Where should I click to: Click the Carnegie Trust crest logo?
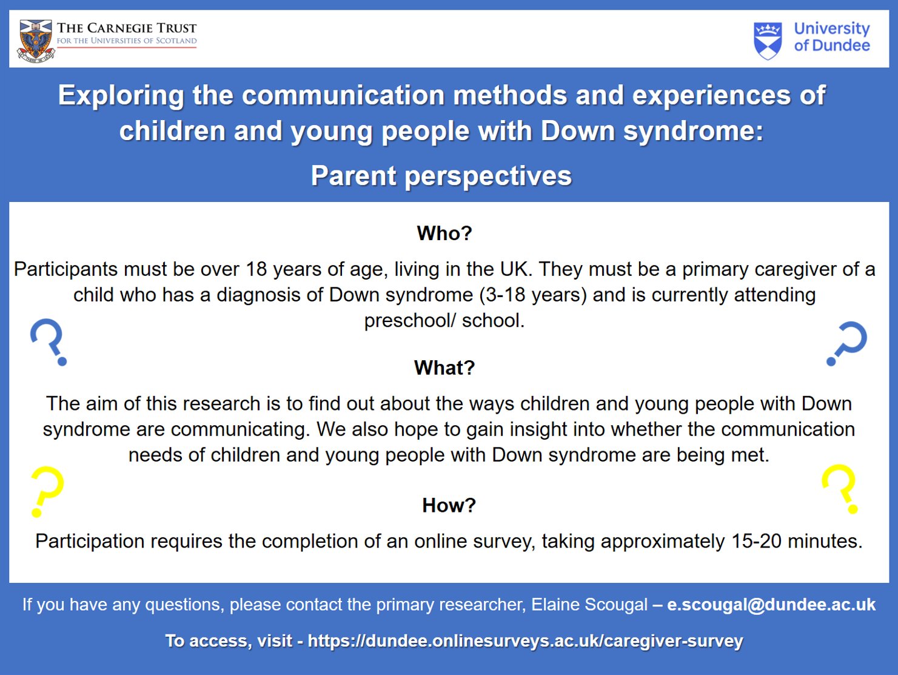pos(36,41)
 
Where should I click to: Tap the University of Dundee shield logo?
pos(768,41)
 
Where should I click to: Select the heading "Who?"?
pos(444,233)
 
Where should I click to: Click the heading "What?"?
pos(444,368)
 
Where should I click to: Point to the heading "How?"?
pos(449,505)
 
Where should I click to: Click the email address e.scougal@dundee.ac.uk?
pos(771,605)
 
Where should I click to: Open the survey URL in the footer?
pos(525,641)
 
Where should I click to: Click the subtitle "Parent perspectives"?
pos(441,176)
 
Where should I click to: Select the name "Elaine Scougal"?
pos(589,605)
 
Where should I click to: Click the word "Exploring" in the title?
pos(121,96)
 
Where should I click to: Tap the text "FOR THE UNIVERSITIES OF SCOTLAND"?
pos(127,41)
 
